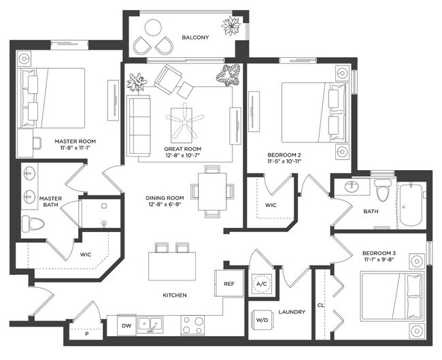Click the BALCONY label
[195, 37]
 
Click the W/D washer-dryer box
[260, 319]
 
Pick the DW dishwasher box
[126, 326]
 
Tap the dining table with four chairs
[212, 191]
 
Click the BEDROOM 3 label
[380, 253]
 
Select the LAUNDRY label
[292, 312]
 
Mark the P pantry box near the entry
[87, 335]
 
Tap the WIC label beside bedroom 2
[271, 205]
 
